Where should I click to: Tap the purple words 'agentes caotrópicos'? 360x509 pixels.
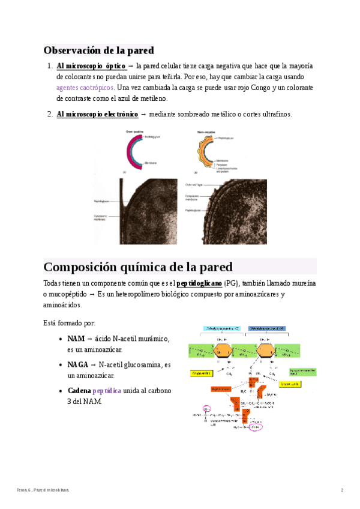click(x=85, y=88)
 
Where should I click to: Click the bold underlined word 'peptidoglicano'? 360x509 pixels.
click(x=199, y=283)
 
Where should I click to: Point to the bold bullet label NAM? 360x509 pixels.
click(x=76, y=339)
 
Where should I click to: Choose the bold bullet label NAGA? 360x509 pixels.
click(x=77, y=364)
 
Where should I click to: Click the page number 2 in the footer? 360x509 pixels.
click(x=342, y=490)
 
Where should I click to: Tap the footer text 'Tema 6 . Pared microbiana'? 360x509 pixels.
click(x=43, y=490)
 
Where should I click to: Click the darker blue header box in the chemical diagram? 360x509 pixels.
click(x=266, y=328)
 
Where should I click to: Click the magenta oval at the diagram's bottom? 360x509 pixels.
click(x=256, y=427)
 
